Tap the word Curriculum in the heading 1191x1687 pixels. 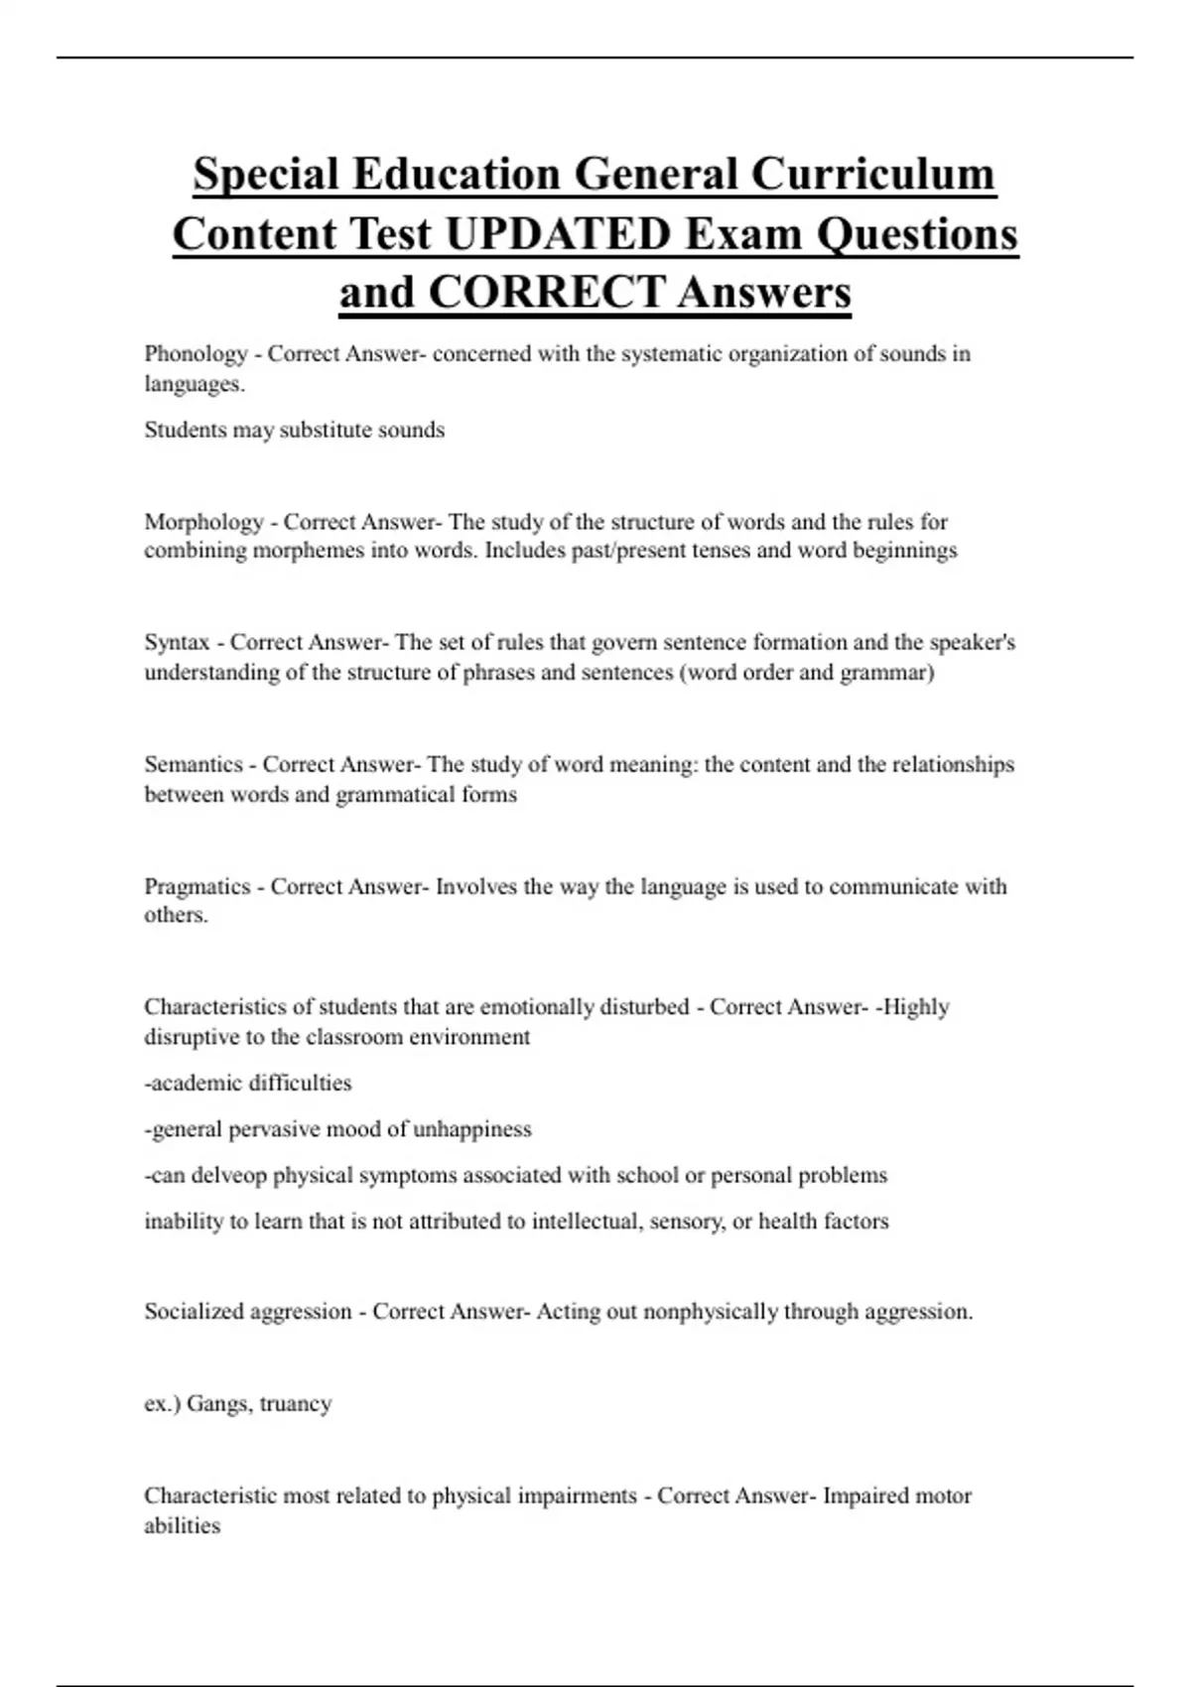(872, 175)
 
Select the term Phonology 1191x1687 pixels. (196, 354)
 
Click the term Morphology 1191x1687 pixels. (203, 522)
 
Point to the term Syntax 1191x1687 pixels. (177, 643)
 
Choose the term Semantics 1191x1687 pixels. (194, 765)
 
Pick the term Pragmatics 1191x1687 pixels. (198, 887)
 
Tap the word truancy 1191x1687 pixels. (296, 1404)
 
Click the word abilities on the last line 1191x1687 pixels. (182, 1526)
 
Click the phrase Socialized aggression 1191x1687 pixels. (248, 1312)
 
